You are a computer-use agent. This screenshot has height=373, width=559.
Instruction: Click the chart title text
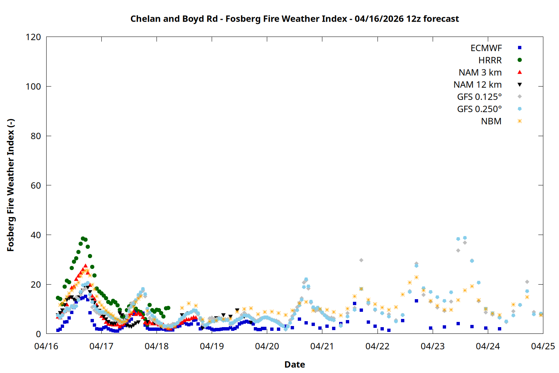pyautogui.click(x=294, y=19)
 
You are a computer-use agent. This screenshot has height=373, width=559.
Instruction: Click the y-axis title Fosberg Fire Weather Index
pyautogui.click(x=10, y=185)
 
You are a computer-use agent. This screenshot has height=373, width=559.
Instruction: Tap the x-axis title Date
pyautogui.click(x=294, y=364)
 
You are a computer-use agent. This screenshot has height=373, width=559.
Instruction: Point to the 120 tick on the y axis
pyautogui.click(x=34, y=37)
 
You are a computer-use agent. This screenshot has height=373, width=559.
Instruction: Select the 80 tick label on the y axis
pyautogui.click(x=36, y=136)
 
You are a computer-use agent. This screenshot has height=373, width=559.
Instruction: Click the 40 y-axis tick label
pyautogui.click(x=36, y=235)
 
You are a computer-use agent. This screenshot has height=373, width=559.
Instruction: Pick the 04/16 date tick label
pyautogui.click(x=46, y=346)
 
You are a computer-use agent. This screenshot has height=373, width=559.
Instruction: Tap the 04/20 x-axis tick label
pyautogui.click(x=267, y=346)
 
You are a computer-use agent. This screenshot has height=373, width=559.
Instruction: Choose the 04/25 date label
pyautogui.click(x=543, y=346)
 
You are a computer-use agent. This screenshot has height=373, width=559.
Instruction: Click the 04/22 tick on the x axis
pyautogui.click(x=377, y=346)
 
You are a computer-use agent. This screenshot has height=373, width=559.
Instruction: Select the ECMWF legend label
pyautogui.click(x=486, y=48)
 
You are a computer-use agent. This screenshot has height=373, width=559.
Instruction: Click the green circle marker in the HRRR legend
pyautogui.click(x=519, y=60)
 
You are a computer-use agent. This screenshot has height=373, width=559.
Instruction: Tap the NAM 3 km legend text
pyautogui.click(x=480, y=72)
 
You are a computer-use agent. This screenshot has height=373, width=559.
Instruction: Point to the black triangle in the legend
pyautogui.click(x=519, y=85)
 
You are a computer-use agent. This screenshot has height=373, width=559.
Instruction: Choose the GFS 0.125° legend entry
pyautogui.click(x=479, y=97)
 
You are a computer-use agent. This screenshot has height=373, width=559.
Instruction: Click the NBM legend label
pyautogui.click(x=491, y=121)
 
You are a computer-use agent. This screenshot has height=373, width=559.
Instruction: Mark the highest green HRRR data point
pyautogui.click(x=83, y=238)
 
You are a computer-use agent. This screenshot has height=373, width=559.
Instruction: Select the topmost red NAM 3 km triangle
pyautogui.click(x=85, y=266)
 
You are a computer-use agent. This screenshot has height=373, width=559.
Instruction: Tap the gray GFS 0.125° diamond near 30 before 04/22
pyautogui.click(x=361, y=260)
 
